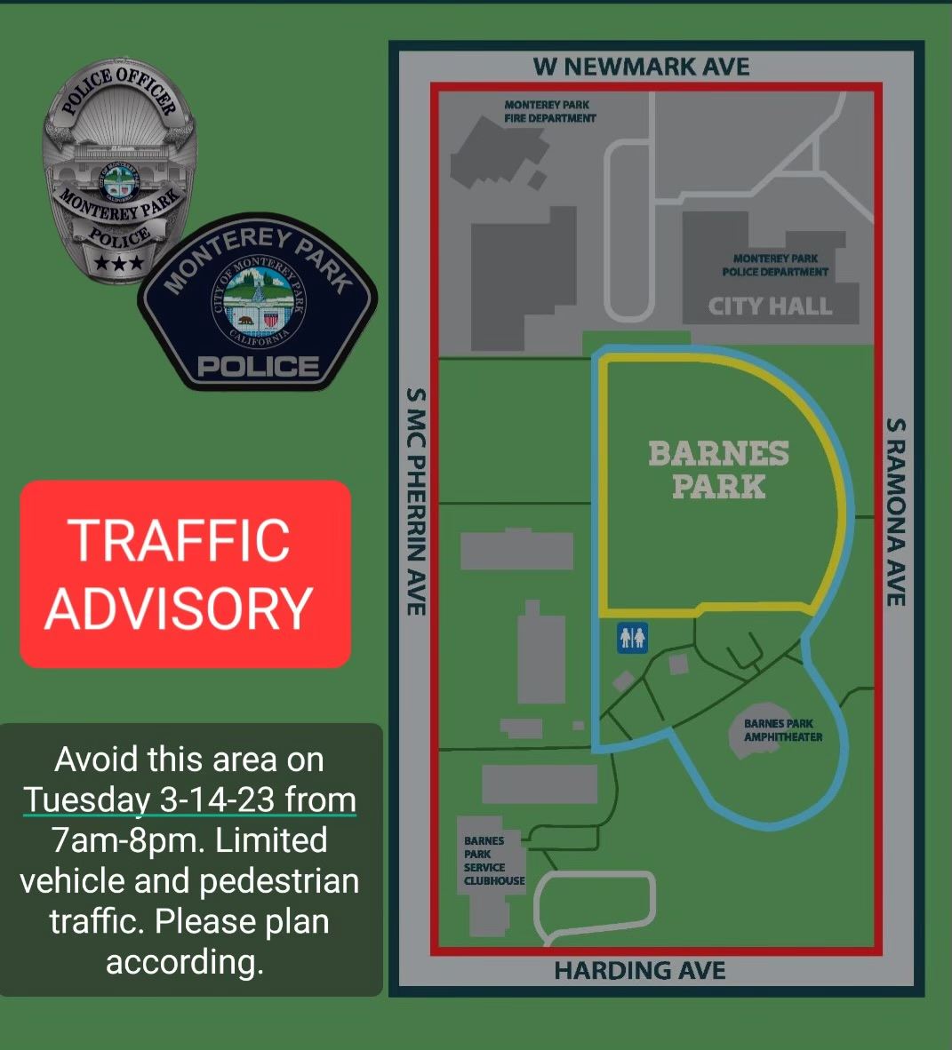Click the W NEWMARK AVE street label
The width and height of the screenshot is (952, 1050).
pyautogui.click(x=641, y=67)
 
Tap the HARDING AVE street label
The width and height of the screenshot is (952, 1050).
pyautogui.click(x=640, y=971)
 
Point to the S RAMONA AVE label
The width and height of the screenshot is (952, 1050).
pyautogui.click(x=896, y=513)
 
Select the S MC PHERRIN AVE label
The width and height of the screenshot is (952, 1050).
pyautogui.click(x=415, y=501)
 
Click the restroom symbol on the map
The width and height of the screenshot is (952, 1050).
pyautogui.click(x=633, y=636)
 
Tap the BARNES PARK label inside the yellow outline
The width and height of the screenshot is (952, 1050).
pyautogui.click(x=718, y=469)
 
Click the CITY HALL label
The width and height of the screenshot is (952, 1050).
pyautogui.click(x=770, y=306)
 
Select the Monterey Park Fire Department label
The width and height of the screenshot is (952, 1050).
pyautogui.click(x=549, y=111)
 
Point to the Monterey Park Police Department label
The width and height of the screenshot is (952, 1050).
pyautogui.click(x=775, y=265)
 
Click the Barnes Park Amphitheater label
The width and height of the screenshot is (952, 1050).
pyautogui.click(x=782, y=730)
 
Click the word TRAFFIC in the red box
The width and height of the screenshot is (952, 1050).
pyautogui.click(x=180, y=539)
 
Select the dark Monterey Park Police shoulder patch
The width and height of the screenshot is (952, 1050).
pyautogui.click(x=258, y=306)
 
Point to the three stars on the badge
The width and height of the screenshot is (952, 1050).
pyautogui.click(x=118, y=263)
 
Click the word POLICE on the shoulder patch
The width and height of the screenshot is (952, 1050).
pyautogui.click(x=258, y=366)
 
